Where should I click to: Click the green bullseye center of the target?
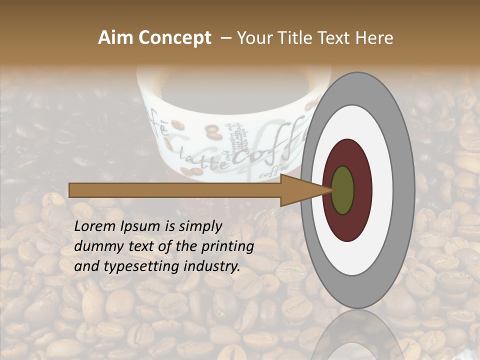click(x=343, y=190)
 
